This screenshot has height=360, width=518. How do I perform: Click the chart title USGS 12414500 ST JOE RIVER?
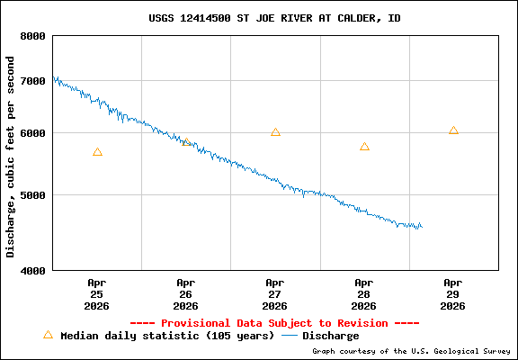coord(274,18)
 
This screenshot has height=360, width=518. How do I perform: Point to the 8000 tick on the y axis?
coord(33,36)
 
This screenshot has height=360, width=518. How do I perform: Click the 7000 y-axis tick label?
coord(33,81)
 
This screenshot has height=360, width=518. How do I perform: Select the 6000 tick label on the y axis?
coord(33,133)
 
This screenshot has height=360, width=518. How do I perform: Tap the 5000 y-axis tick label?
coord(33,194)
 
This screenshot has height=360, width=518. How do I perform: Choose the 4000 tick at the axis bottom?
coord(33,270)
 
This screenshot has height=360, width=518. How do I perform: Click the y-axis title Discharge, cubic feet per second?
coord(11,157)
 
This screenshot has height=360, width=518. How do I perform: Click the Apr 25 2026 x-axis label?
coord(97,293)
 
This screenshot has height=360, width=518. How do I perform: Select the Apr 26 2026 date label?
coord(186,293)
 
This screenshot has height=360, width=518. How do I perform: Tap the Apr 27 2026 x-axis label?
coord(275,293)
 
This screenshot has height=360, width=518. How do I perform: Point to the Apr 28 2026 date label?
coord(364,293)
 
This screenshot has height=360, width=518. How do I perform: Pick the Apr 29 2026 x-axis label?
coord(453,293)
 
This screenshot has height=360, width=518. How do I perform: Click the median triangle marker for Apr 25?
coord(97,152)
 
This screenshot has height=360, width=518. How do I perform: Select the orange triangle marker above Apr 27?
coord(275,132)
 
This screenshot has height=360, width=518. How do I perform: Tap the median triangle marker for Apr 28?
coord(364,147)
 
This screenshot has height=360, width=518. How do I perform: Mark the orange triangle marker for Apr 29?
coord(453,130)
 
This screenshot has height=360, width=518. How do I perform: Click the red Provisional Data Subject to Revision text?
coord(274,322)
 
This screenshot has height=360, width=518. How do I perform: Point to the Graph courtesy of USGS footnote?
coord(410,351)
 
